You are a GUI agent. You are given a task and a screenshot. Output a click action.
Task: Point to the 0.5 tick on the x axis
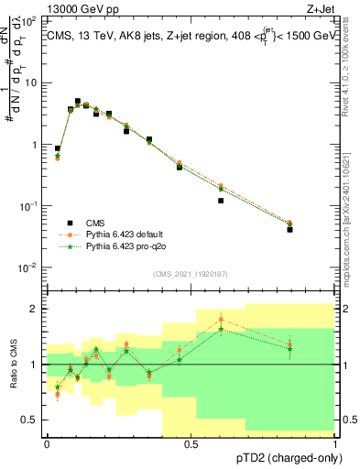191,443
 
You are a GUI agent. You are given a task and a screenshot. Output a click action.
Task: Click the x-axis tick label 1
335,443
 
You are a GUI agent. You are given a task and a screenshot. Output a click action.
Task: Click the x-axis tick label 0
47,443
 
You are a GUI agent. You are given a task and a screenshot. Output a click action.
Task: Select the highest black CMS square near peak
78,102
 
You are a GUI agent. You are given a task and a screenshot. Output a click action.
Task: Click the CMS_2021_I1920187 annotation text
191,274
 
